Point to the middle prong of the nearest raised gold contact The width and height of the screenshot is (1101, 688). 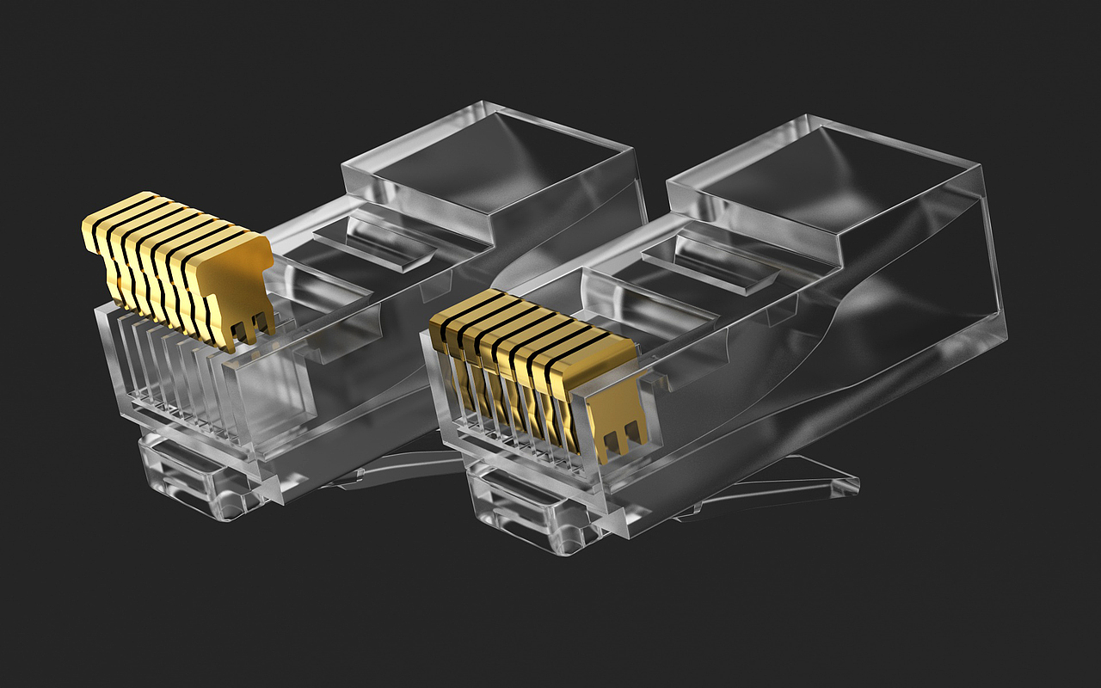(243, 335)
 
